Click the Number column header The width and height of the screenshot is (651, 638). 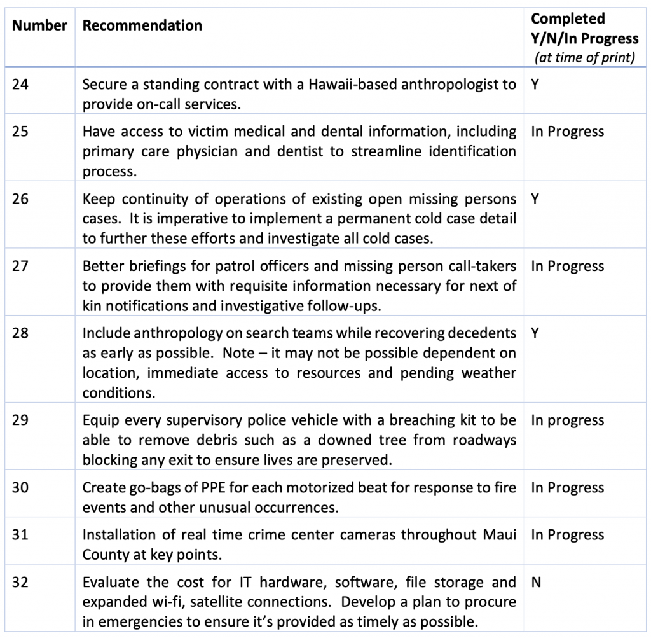click(x=39, y=26)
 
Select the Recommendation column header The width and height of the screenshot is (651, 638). click(x=142, y=26)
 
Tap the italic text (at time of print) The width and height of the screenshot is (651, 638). click(x=584, y=58)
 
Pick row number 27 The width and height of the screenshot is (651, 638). click(x=20, y=267)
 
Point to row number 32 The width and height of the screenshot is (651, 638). click(x=20, y=582)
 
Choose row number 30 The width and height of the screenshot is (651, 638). click(x=20, y=488)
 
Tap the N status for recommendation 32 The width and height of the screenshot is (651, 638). click(x=536, y=582)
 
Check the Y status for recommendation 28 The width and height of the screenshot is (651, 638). click(x=535, y=333)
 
